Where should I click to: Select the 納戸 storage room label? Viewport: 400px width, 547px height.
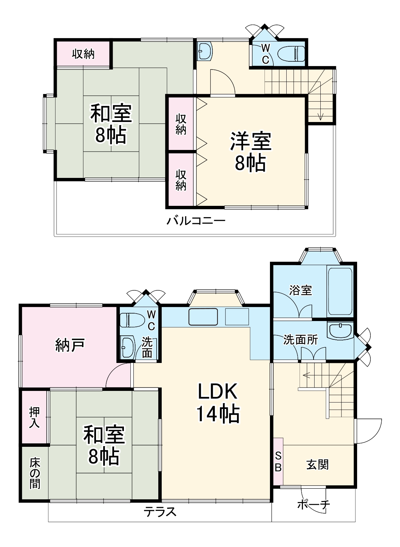point(69,345)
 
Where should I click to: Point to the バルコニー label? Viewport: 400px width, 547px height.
point(196,221)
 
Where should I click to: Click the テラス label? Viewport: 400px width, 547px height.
point(160,511)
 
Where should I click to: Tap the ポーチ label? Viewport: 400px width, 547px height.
point(314,505)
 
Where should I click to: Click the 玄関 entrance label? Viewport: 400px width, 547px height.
point(317,465)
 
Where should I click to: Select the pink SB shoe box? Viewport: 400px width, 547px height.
point(278,461)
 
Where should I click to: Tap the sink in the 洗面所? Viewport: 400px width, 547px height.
point(340,331)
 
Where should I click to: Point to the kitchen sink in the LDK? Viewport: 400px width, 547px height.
point(203,317)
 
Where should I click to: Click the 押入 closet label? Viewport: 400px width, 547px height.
point(34,417)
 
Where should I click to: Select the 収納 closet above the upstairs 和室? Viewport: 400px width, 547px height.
point(83,54)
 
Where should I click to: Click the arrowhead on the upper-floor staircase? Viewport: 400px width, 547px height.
point(320,117)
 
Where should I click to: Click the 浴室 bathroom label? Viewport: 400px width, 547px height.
point(300,290)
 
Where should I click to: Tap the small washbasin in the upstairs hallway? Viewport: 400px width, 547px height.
point(204,51)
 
